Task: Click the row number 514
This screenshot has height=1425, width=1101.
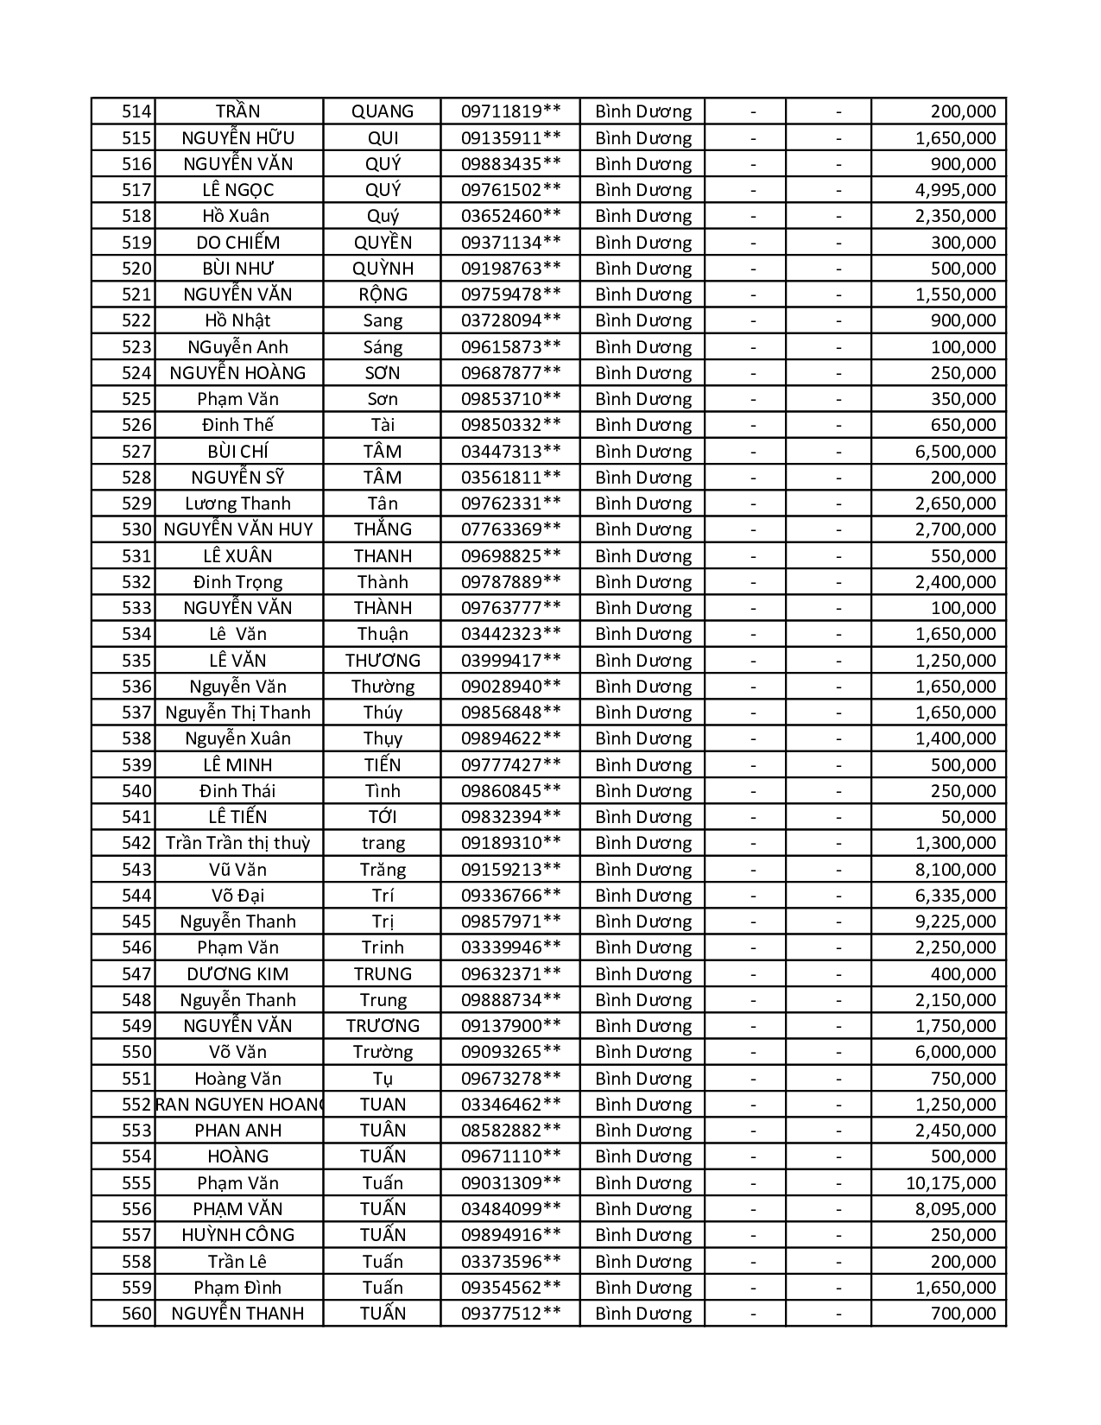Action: [136, 111]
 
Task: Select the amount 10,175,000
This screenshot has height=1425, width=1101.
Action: [950, 1183]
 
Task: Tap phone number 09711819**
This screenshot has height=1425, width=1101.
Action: [510, 111]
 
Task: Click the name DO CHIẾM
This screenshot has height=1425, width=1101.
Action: [238, 243]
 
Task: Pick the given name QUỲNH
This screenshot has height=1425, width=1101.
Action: [383, 269]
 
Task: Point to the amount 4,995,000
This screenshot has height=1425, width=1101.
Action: [955, 190]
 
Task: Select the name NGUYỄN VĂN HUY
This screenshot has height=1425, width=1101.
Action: [238, 529]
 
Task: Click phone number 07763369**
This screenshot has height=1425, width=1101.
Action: [510, 529]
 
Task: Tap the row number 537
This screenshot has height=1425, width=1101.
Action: [136, 712]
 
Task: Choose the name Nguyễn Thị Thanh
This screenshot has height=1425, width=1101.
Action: [238, 712]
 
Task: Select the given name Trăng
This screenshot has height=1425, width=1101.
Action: [383, 870]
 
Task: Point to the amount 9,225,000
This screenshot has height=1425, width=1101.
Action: [955, 921]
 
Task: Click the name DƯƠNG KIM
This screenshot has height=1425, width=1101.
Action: [238, 974]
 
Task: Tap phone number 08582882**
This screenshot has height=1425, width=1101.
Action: [510, 1130]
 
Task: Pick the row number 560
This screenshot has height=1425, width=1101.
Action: [136, 1314]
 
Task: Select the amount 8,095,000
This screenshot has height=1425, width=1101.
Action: [955, 1209]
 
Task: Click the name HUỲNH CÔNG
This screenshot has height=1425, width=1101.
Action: [238, 1235]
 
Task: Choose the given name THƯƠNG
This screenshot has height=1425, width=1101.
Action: [383, 661]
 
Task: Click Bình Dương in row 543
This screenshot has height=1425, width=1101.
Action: [643, 870]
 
